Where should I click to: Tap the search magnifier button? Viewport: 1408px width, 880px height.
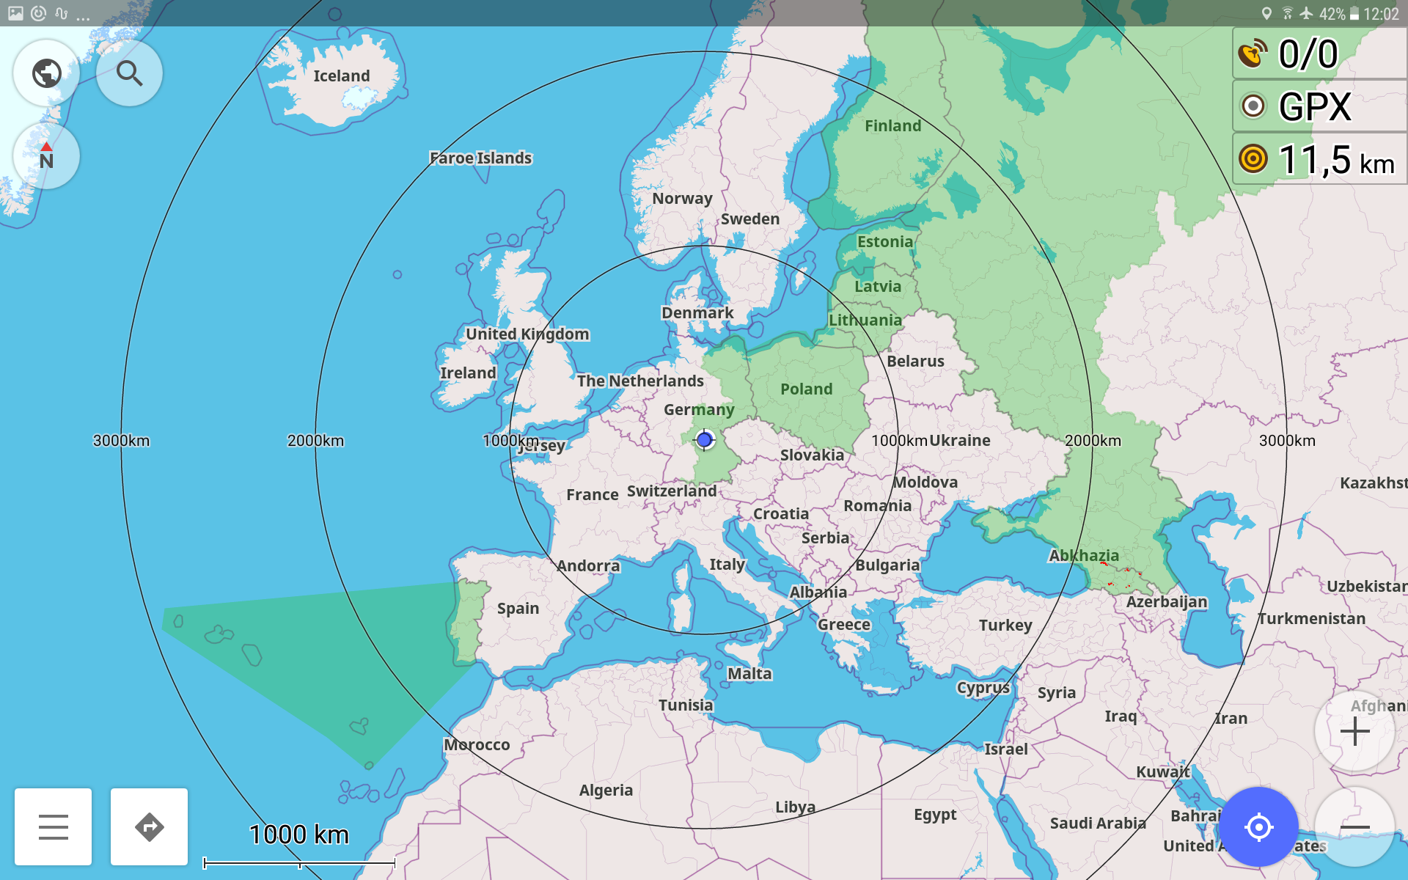(x=129, y=73)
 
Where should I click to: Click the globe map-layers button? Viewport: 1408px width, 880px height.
(x=47, y=73)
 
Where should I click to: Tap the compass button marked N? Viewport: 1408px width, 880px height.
(x=46, y=157)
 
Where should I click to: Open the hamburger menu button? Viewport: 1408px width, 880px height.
(x=54, y=827)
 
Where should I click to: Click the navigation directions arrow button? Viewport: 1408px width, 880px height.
(x=149, y=827)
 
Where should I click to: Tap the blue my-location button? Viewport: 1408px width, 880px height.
(x=1258, y=827)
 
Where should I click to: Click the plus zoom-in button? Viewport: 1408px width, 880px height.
(x=1354, y=731)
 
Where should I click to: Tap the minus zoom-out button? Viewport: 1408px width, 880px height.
(x=1354, y=827)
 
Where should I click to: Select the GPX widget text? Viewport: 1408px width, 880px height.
(x=1314, y=107)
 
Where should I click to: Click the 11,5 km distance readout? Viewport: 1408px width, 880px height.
(x=1335, y=160)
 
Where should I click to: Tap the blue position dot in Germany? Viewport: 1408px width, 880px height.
(x=704, y=440)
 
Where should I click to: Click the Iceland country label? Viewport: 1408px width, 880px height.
(x=342, y=76)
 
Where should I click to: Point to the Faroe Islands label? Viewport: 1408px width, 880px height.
(x=480, y=158)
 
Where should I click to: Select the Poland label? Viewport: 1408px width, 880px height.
(x=806, y=389)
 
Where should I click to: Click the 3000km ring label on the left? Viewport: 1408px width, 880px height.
(x=121, y=441)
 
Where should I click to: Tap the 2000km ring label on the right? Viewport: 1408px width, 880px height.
(x=1093, y=441)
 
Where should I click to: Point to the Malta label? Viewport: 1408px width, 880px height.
(x=749, y=674)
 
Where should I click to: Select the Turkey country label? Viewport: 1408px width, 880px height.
(x=1005, y=626)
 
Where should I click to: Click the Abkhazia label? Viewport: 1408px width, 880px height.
(x=1083, y=556)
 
